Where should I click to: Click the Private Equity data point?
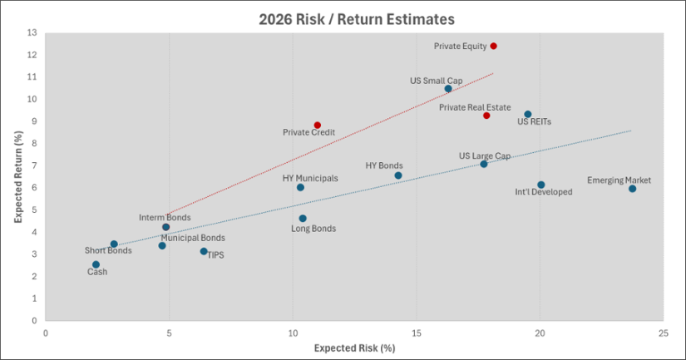[x=493, y=46]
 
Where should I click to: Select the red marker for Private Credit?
[x=317, y=125]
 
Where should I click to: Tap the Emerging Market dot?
[x=632, y=189]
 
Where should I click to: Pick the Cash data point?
[x=96, y=264]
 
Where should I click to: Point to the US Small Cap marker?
[x=448, y=89]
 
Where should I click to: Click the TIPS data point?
[x=204, y=251]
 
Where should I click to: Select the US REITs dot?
[x=527, y=114]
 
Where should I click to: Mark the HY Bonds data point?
[x=398, y=175]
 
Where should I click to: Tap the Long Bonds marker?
[x=303, y=219]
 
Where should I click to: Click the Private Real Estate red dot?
[x=486, y=116]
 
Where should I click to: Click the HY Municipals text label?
[x=310, y=178]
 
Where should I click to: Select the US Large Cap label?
[x=485, y=155]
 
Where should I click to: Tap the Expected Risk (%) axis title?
[x=354, y=348]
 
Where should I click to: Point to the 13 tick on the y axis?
[x=32, y=33]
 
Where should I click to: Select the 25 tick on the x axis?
[x=663, y=333]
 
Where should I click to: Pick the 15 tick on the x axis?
[x=416, y=333]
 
